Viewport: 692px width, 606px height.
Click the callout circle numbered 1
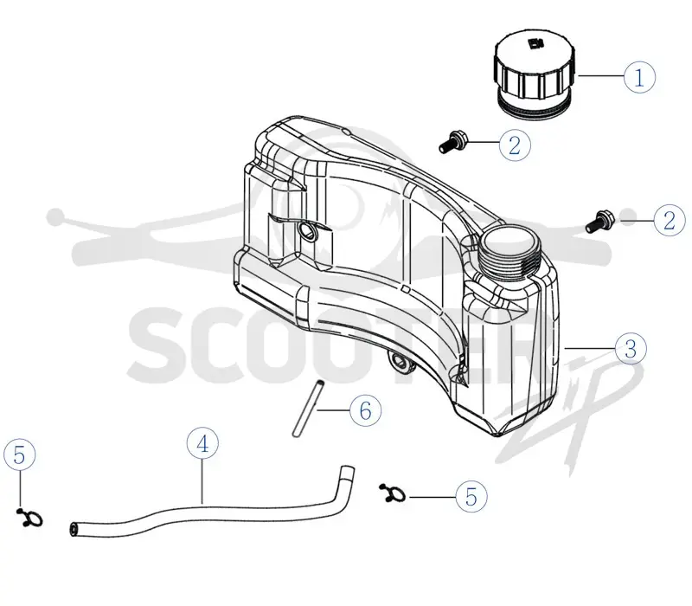pyautogui.click(x=639, y=76)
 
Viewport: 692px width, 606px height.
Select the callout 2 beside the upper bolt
pyautogui.click(x=515, y=145)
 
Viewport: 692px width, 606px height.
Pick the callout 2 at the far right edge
pyautogui.click(x=670, y=220)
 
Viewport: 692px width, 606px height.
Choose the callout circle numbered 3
pyautogui.click(x=631, y=348)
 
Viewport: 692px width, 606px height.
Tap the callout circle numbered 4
pyautogui.click(x=202, y=443)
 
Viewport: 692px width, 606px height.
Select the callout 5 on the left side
pyautogui.click(x=19, y=455)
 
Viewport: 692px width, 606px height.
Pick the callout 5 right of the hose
pyautogui.click(x=471, y=495)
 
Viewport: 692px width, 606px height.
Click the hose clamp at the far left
pyautogui.click(x=30, y=518)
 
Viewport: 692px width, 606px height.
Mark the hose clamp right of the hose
pyautogui.click(x=393, y=493)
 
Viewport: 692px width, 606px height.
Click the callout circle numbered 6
pyautogui.click(x=365, y=409)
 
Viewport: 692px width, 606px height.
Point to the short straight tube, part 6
pyautogui.click(x=308, y=408)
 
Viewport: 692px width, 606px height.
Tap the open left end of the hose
pyautogui.click(x=74, y=529)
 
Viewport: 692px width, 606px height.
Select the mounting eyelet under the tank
pyautogui.click(x=400, y=361)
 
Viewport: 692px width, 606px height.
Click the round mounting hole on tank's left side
pyautogui.click(x=306, y=230)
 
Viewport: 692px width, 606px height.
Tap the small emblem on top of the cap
pyautogui.click(x=535, y=43)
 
